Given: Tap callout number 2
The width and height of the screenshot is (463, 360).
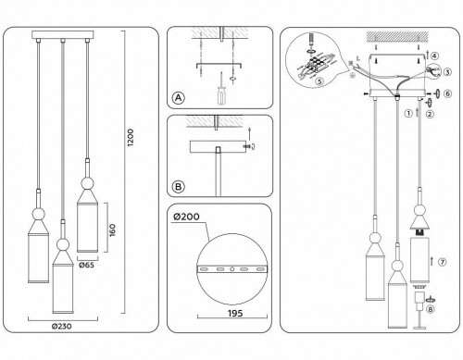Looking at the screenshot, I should [429, 114].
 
